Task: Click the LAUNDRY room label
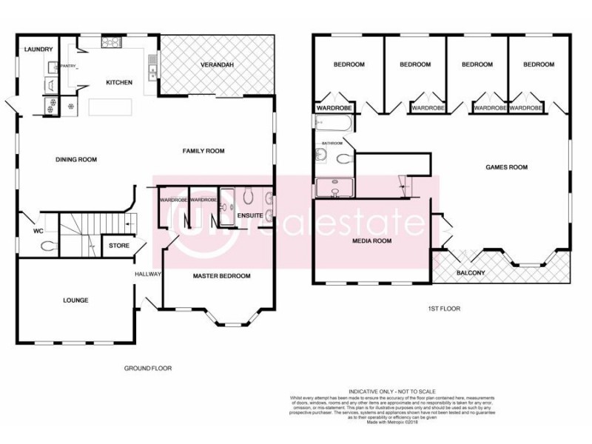pyautogui.click(x=38, y=50)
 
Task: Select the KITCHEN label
pyautogui.click(x=119, y=82)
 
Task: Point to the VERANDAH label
pyautogui.click(x=218, y=66)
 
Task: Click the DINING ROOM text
pyautogui.click(x=77, y=159)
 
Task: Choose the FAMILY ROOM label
pyautogui.click(x=203, y=151)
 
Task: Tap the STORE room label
pyautogui.click(x=119, y=245)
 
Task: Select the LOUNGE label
pyautogui.click(x=75, y=300)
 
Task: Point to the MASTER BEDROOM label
pyautogui.click(x=222, y=276)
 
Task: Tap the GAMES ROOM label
pyautogui.click(x=506, y=167)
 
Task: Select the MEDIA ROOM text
pyautogui.click(x=371, y=240)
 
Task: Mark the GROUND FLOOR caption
pyautogui.click(x=149, y=367)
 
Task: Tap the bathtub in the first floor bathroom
pyautogui.click(x=337, y=123)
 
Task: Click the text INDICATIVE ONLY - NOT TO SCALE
pyautogui.click(x=391, y=391)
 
